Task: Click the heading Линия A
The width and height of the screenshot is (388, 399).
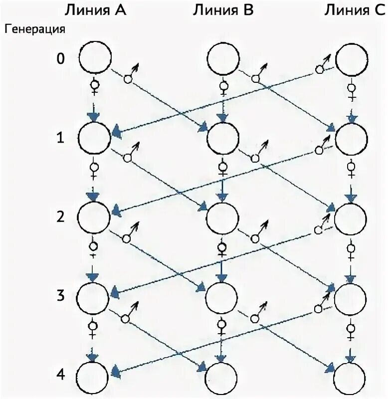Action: pyautogui.click(x=94, y=10)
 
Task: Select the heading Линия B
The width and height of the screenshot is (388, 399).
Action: pyautogui.click(x=223, y=10)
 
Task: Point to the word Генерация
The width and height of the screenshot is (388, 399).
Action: pyautogui.click(x=35, y=29)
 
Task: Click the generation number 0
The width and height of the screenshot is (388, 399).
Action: pyautogui.click(x=60, y=59)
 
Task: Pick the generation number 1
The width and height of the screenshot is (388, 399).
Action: pyautogui.click(x=60, y=138)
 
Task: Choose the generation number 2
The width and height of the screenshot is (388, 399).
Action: pyautogui.click(x=60, y=217)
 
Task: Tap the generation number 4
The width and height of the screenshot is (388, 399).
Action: pyautogui.click(x=60, y=374)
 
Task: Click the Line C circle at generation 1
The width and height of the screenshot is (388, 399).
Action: pyautogui.click(x=351, y=138)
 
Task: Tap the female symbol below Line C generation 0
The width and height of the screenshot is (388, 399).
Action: pyautogui.click(x=353, y=90)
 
